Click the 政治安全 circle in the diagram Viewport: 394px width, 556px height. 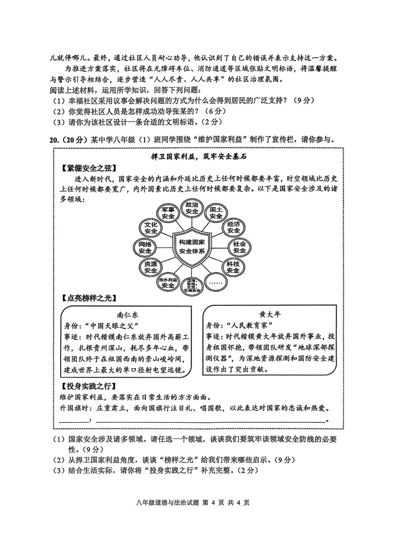(192, 208)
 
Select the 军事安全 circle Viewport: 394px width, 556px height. (168, 213)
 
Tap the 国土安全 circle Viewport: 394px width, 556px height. (216, 213)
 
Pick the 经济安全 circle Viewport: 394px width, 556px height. (233, 227)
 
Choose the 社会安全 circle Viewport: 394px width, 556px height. (240, 247)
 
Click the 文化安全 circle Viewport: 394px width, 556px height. (151, 228)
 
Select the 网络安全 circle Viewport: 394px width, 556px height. (145, 248)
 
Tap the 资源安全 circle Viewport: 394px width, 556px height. (151, 267)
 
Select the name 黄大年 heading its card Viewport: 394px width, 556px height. (270, 315)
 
